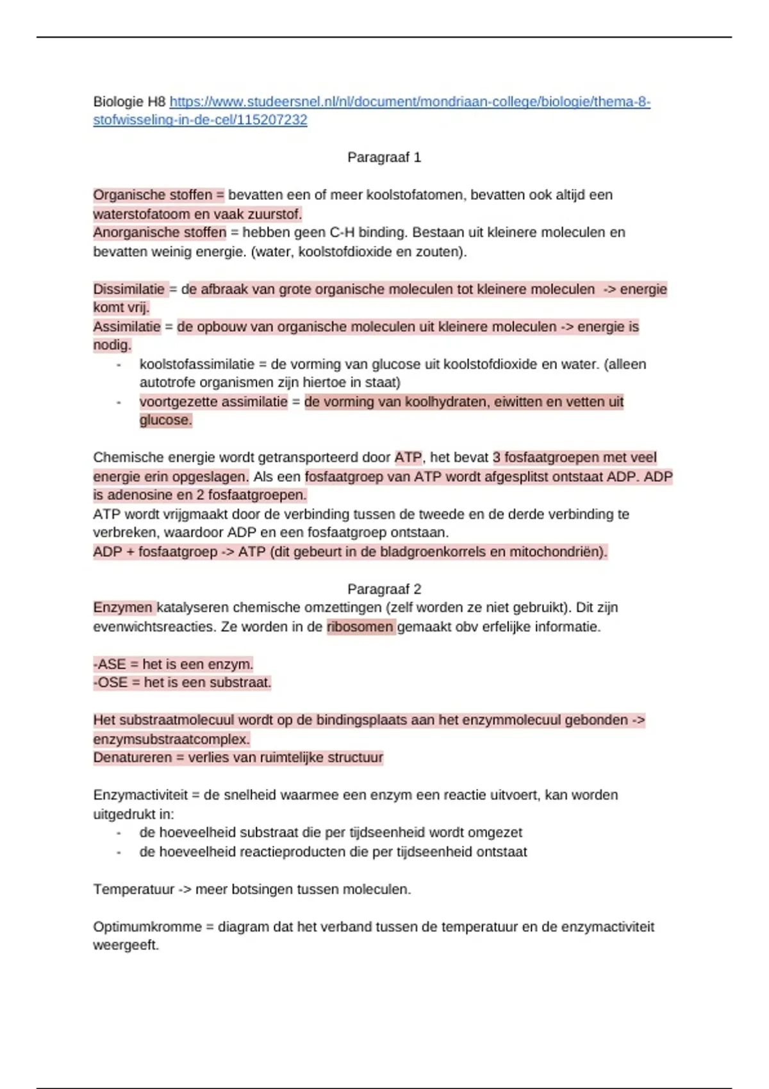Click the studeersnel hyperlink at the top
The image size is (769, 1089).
(410, 102)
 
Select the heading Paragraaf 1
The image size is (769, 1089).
(384, 158)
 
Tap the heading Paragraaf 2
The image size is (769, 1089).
(384, 589)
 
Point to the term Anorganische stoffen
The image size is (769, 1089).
(160, 233)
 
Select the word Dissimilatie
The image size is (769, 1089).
(129, 289)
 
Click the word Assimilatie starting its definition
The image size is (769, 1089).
(127, 327)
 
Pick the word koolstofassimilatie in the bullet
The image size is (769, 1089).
(197, 364)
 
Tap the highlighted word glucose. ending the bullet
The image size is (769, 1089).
(165, 420)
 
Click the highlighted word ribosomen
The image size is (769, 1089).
(360, 626)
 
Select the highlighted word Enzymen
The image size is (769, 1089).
(123, 607)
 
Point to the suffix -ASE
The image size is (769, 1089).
(110, 664)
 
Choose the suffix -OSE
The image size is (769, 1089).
(110, 683)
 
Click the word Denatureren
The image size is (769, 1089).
(132, 758)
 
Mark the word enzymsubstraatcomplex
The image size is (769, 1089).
(171, 739)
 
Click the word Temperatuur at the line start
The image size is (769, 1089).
(133, 889)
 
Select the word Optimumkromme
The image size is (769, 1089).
(147, 927)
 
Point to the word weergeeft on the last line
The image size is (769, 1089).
(126, 946)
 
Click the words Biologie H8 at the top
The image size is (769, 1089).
(129, 102)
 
